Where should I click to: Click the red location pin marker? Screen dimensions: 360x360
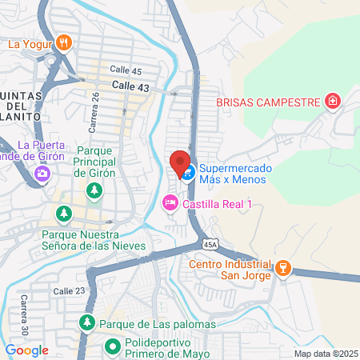coord(180,162)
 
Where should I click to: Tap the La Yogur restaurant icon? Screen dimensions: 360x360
coord(66,43)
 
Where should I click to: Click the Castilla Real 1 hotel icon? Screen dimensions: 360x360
coord(170,203)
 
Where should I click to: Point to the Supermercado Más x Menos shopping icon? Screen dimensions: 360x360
coord(188,173)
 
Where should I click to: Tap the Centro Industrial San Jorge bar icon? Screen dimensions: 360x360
coord(282,270)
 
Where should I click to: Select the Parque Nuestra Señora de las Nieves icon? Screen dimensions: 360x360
coord(63,214)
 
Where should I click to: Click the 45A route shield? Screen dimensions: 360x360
coord(210,243)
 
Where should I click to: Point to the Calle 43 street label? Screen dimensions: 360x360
coord(130,85)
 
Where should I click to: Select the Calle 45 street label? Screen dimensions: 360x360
coord(126,71)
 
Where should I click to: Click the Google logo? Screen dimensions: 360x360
coord(26,350)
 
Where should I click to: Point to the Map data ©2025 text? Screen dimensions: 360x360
coord(323,354)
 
